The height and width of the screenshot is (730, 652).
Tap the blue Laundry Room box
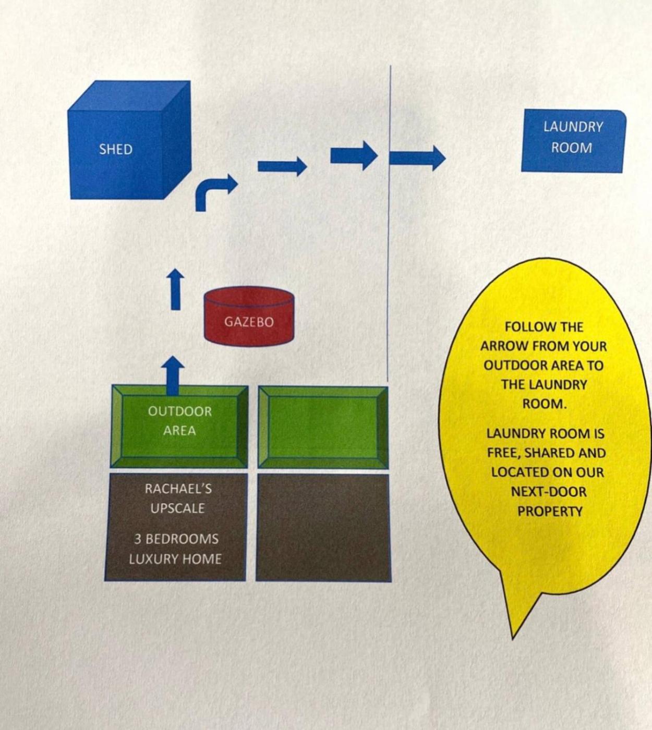coord(572,140)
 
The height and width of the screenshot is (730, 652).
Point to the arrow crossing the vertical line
coord(417,157)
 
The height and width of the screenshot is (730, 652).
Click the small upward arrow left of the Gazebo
coord(176,289)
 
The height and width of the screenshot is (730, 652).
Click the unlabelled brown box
coord(323,527)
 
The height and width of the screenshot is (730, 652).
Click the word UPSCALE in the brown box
coord(177,508)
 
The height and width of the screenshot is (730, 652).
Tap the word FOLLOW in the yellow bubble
coord(525,327)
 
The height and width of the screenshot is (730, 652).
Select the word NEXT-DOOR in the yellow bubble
coord(548,492)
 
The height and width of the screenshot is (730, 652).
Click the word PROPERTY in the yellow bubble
coord(549,512)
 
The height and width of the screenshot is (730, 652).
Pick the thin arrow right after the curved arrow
coord(282,166)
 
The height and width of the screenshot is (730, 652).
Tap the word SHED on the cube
coord(116,149)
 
